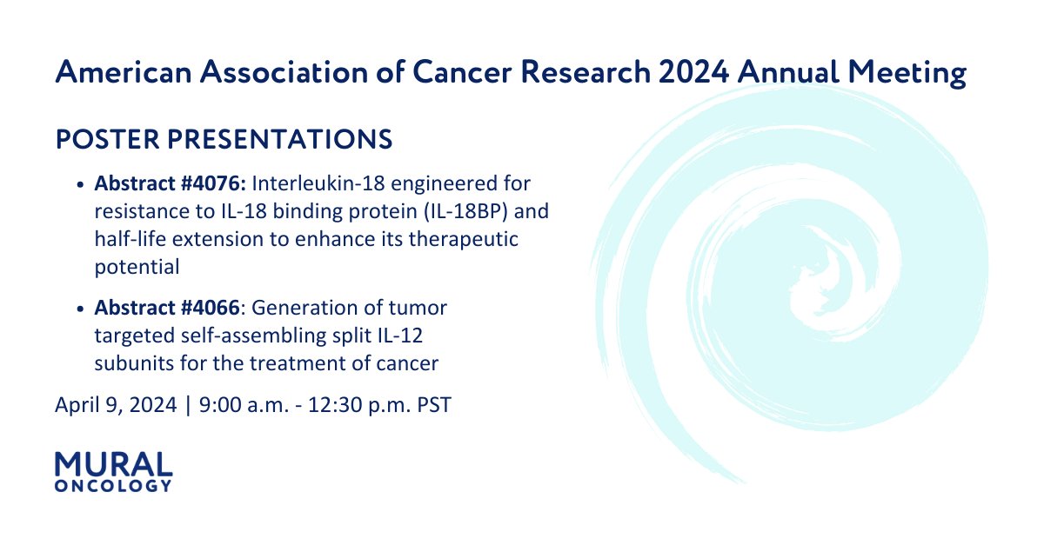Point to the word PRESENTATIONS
tap(276, 139)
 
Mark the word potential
tap(137, 268)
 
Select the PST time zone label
tap(434, 405)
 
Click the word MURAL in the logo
tap(113, 464)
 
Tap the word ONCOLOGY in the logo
tap(113, 486)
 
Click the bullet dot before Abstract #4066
tap(81, 309)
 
